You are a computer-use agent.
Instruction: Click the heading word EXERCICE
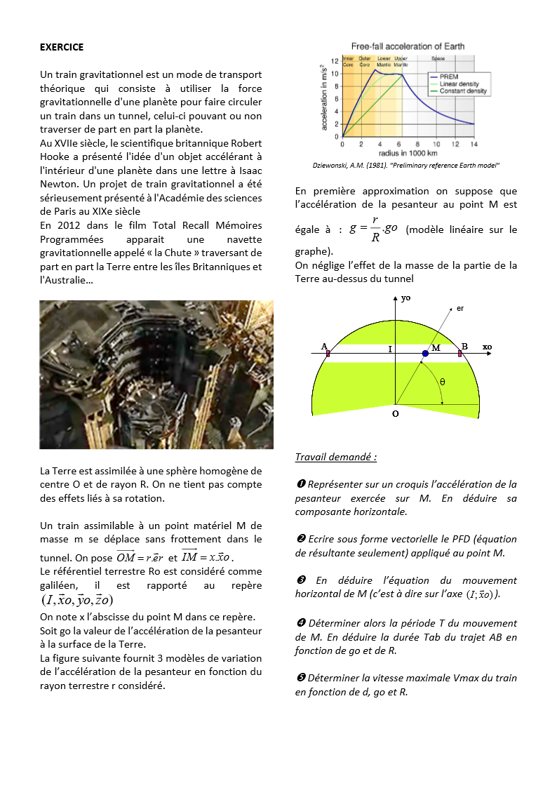tap(62, 47)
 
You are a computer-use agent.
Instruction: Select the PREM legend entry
tap(450, 76)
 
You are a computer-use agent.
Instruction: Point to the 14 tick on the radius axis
tap(474, 144)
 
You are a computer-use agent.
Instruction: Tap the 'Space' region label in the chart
tap(438, 58)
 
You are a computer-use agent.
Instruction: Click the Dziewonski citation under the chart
tap(405, 166)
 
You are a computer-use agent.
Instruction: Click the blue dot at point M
tap(425, 354)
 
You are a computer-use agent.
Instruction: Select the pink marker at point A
tap(328, 354)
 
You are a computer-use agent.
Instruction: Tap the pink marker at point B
tap(460, 354)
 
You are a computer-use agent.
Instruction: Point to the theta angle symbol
tap(442, 382)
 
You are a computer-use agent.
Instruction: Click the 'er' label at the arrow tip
tap(460, 308)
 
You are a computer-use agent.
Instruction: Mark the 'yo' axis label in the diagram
tap(406, 298)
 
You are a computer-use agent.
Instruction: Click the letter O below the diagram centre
tap(395, 414)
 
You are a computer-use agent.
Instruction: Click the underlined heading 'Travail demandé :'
tap(336, 457)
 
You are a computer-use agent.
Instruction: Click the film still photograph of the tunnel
tap(156, 375)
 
